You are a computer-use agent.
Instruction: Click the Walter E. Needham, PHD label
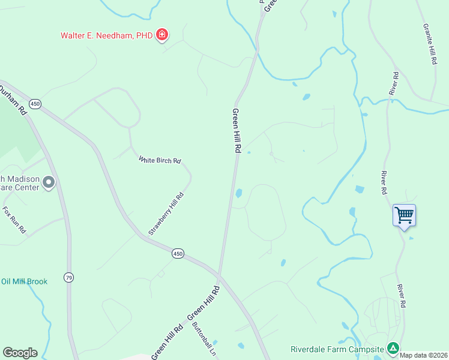click(106, 35)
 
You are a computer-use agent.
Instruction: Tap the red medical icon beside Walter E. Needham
click(161, 35)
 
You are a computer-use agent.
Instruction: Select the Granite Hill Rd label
click(429, 45)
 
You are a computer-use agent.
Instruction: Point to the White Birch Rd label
click(160, 160)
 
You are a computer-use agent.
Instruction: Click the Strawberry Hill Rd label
click(166, 214)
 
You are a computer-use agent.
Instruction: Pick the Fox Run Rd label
click(14, 220)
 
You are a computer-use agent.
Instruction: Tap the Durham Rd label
click(14, 99)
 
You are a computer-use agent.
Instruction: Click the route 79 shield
click(70, 277)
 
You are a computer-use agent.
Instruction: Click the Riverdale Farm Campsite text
click(337, 349)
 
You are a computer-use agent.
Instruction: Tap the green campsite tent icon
click(393, 347)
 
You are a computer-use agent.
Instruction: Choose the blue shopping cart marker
click(404, 215)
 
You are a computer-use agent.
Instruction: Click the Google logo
click(20, 353)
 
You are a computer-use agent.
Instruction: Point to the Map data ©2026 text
click(423, 355)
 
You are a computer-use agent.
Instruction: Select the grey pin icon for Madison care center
click(49, 182)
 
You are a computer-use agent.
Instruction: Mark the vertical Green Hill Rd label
click(237, 131)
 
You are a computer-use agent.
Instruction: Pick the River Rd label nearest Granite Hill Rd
click(394, 83)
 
